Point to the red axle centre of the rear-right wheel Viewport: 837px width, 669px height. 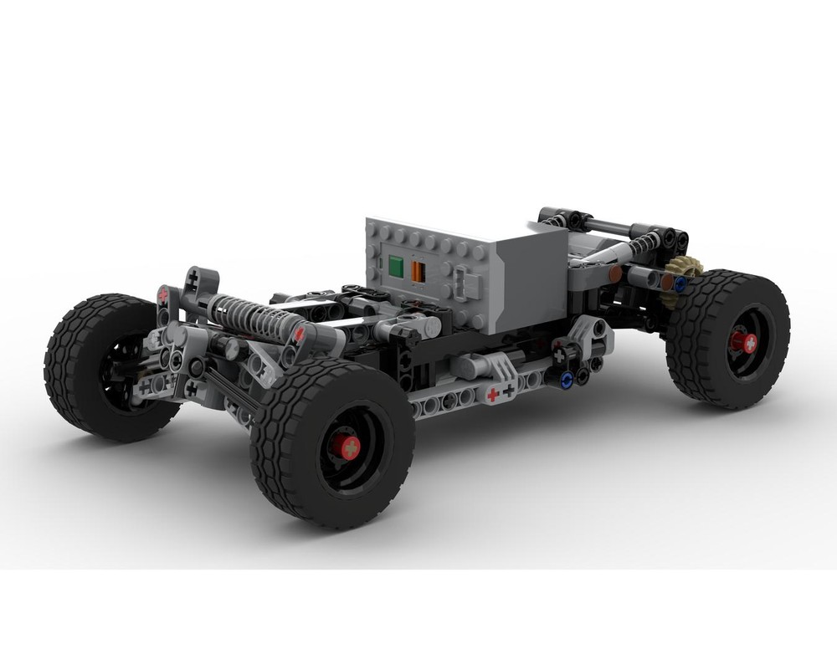742,342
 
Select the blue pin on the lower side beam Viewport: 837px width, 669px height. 567,380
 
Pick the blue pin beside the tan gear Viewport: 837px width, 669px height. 680,283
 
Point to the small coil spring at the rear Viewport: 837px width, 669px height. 643,244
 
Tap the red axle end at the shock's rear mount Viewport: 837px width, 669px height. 297,334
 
